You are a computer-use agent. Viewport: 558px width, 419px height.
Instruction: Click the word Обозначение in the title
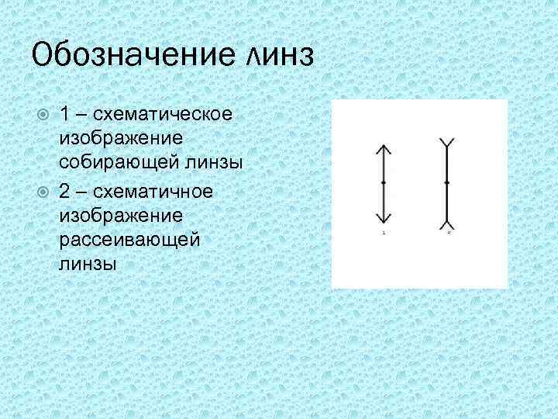tap(127, 56)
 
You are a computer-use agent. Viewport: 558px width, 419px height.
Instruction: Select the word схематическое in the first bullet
tap(164, 114)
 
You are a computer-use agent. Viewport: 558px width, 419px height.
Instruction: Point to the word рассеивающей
tap(129, 239)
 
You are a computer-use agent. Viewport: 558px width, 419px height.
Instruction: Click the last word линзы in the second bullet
tap(88, 264)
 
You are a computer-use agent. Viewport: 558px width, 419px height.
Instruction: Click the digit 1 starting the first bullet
tap(67, 114)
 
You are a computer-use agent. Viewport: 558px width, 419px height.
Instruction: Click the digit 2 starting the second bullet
tap(67, 190)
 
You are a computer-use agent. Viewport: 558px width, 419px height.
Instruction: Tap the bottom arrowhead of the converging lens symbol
tap(383, 218)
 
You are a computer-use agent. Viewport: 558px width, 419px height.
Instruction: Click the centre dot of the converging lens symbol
tap(383, 183)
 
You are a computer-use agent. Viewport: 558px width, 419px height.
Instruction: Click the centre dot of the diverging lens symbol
tap(448, 183)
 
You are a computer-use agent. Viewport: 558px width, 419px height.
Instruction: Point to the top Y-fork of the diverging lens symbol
tap(448, 144)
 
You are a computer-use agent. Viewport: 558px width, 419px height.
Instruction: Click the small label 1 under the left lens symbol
tap(383, 232)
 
